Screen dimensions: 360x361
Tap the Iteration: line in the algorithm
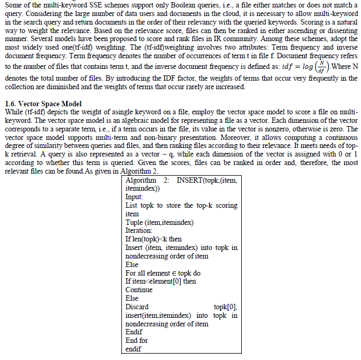139,230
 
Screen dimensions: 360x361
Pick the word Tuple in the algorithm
134,222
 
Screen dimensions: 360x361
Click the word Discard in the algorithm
137,307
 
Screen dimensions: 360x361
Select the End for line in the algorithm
137,340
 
